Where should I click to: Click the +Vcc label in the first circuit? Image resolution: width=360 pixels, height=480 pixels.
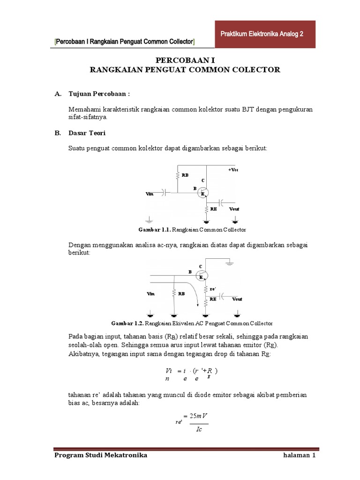click(233, 170)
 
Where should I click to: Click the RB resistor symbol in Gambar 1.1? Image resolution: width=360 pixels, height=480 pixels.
click(178, 175)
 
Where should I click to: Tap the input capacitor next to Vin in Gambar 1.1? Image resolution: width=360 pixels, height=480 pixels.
click(164, 192)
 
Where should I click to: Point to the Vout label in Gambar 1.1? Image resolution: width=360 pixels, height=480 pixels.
click(234, 209)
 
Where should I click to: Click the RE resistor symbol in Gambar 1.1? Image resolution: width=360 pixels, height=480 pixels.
click(206, 209)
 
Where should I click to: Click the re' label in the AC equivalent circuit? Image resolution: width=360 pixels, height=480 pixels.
click(212, 289)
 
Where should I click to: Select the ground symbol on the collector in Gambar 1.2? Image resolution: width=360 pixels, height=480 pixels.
click(229, 265)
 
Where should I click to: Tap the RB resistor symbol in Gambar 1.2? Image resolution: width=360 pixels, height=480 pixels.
click(174, 293)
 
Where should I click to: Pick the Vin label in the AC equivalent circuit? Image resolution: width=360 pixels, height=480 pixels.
click(150, 293)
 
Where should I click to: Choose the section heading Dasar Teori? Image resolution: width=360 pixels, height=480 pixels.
click(87, 133)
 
